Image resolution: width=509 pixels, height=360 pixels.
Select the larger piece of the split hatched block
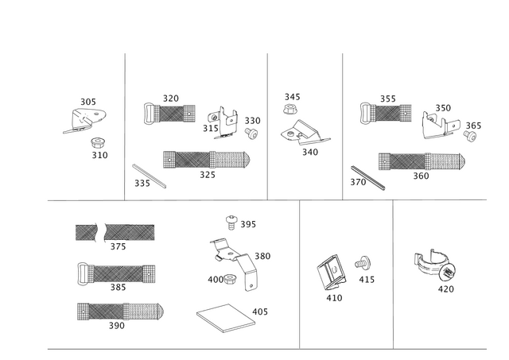(x=129, y=232)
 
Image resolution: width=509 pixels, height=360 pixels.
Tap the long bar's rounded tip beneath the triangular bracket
(x=460, y=161)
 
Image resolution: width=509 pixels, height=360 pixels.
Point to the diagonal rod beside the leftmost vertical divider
(x=150, y=175)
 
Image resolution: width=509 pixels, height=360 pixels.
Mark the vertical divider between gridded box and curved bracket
(x=392, y=274)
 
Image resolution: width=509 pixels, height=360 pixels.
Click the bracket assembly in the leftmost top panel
(x=84, y=115)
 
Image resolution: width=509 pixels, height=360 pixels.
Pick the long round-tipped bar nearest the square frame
(x=119, y=310)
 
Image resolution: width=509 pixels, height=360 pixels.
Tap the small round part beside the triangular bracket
(x=471, y=129)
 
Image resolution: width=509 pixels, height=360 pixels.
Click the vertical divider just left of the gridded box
(x=300, y=274)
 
